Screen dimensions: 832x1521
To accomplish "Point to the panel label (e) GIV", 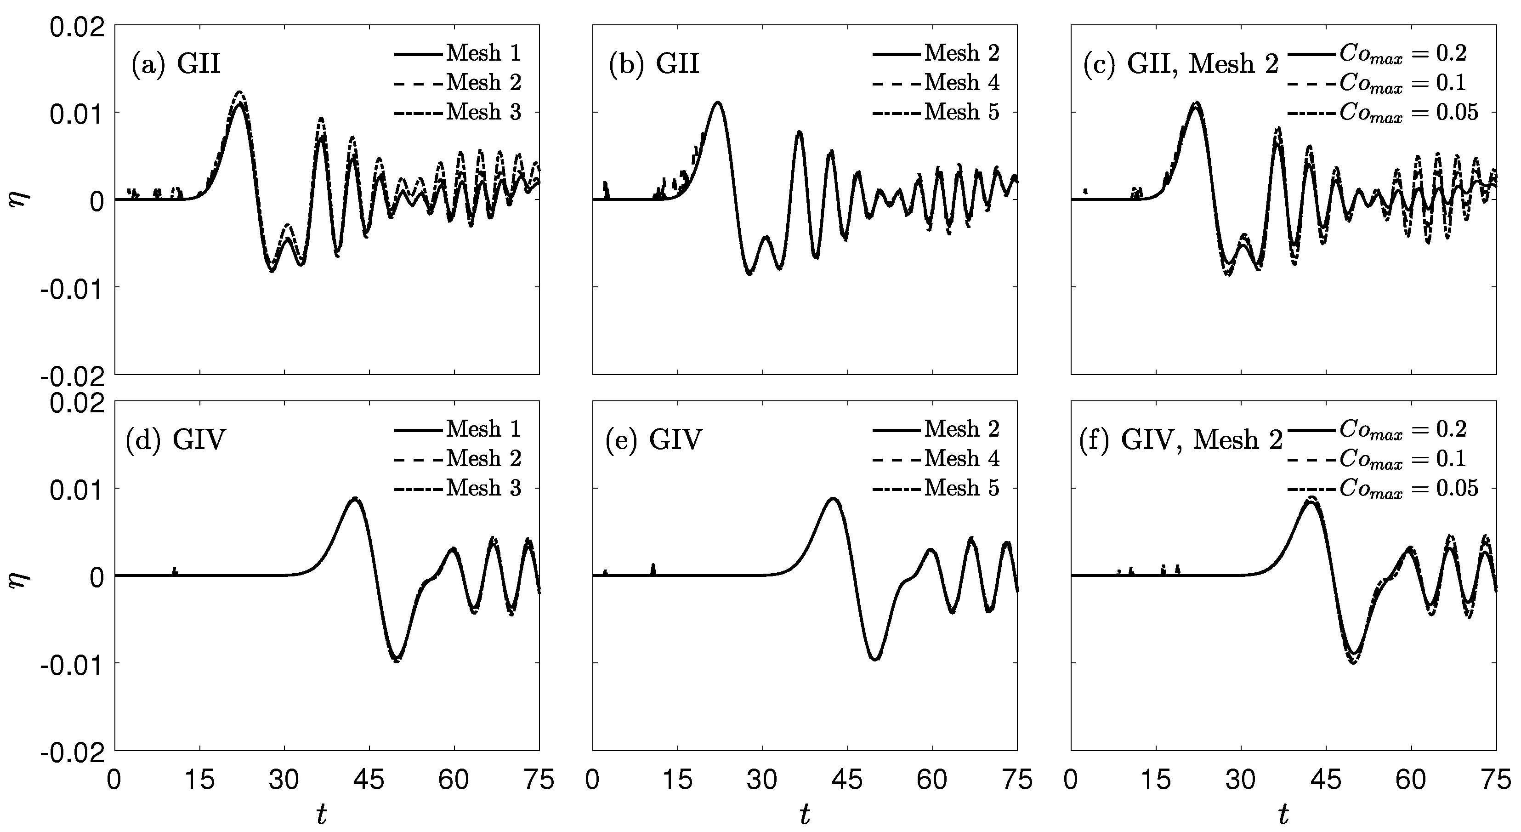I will pos(653,440).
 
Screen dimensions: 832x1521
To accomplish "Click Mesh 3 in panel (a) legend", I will pos(483,112).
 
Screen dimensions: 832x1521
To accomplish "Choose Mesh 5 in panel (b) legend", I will pos(962,112).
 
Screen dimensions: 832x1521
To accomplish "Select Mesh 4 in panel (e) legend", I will pos(962,458).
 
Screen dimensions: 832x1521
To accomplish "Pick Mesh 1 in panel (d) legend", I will pos(483,429).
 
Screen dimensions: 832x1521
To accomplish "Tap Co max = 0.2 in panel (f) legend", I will pos(1402,429).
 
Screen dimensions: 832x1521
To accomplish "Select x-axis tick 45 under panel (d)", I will pos(369,781).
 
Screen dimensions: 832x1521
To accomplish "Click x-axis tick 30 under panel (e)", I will pos(762,781).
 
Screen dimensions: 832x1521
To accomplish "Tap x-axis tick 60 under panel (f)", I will pos(1411,781).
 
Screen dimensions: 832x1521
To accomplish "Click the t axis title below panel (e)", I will pos(805,815).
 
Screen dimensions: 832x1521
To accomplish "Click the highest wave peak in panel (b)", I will pos(717,103).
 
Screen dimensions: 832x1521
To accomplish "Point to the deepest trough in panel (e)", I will pos(876,659).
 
